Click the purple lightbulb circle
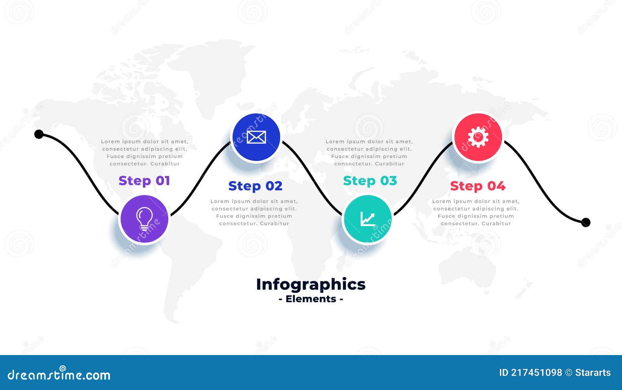pos(144,219)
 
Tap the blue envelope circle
pos(256,137)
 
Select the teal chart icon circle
pos(367,219)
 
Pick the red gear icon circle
pos(478,137)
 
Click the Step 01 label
pos(144,181)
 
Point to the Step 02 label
pos(255,186)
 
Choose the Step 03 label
pos(370,181)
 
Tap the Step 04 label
pos(477,186)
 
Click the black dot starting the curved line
pos(39,134)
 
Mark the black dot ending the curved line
pos(585,222)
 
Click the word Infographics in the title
pos(311,284)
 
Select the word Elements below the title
pos(311,299)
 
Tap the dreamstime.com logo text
pos(59,375)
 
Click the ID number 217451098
pos(536,373)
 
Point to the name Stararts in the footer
pos(593,373)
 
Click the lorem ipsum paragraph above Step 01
pos(145,153)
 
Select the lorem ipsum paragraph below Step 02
pos(254,212)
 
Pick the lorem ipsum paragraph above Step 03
pos(369,153)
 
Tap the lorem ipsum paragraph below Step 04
pos(476,212)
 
